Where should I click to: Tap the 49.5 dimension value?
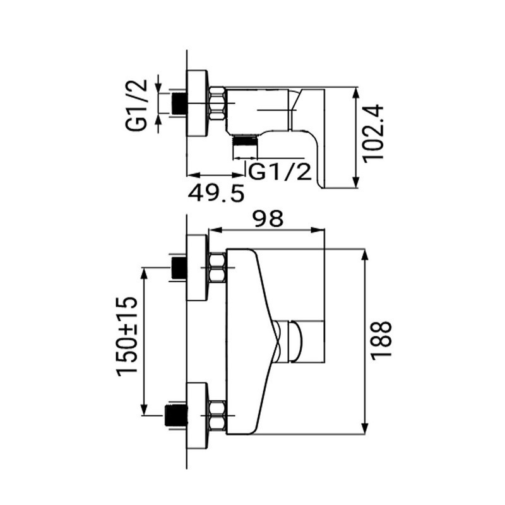coord(217,193)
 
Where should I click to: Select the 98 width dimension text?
coord(268,219)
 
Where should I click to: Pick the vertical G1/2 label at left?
coord(136,105)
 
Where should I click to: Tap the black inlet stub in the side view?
coord(180,104)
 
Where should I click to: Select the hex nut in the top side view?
coord(217,104)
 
